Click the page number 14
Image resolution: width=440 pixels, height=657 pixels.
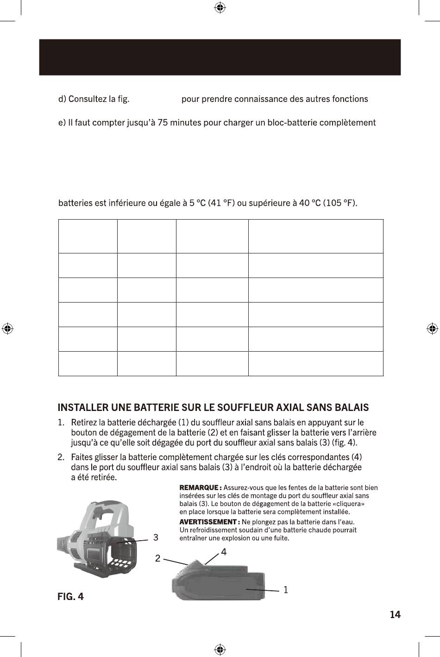pyautogui.click(x=395, y=614)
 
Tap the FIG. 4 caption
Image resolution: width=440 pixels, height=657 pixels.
pyautogui.click(x=70, y=596)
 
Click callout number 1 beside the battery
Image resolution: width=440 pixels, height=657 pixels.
pyautogui.click(x=286, y=590)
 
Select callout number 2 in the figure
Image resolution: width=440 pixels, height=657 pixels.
pyautogui.click(x=157, y=558)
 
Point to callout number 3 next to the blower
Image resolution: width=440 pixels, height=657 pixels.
pyautogui.click(x=156, y=537)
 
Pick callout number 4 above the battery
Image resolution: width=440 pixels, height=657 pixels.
pyautogui.click(x=224, y=552)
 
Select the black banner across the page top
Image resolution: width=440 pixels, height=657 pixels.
pyautogui.click(x=220, y=57)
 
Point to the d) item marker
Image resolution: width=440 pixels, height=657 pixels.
pyautogui.click(x=62, y=99)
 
